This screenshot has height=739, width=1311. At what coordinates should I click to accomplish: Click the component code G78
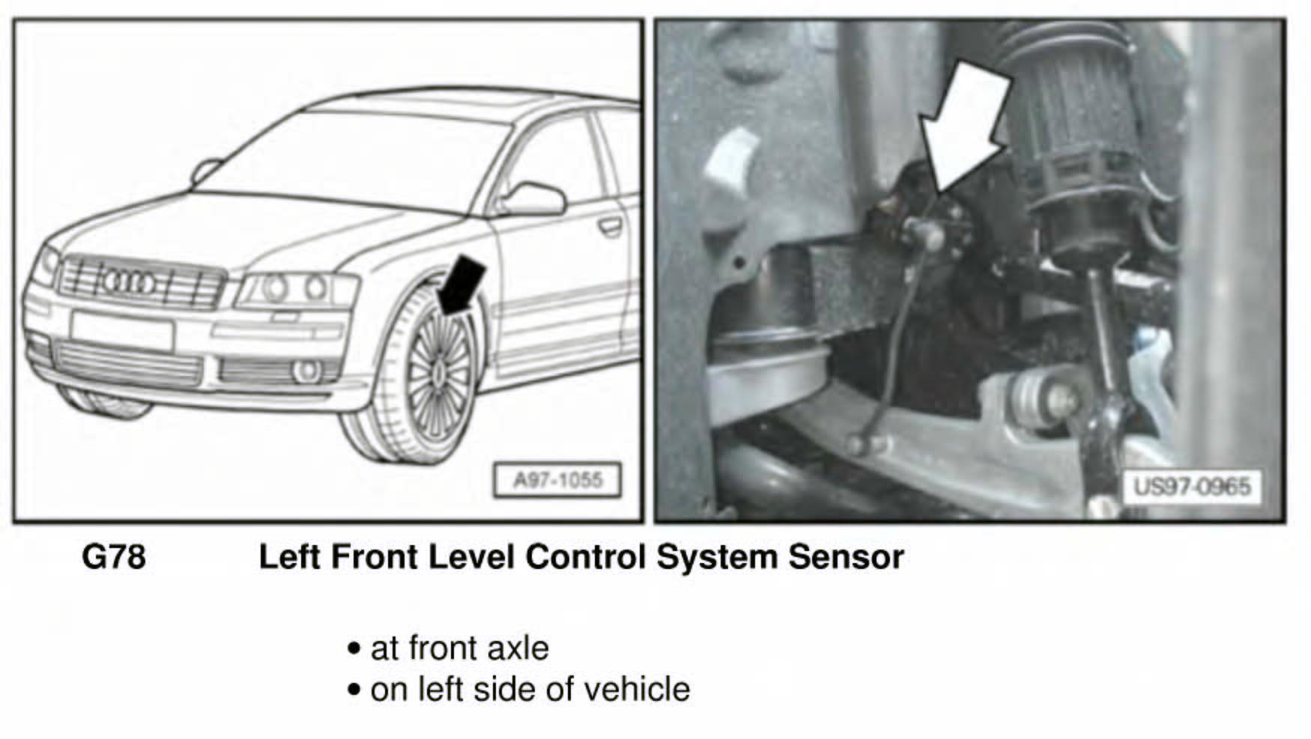[113, 557]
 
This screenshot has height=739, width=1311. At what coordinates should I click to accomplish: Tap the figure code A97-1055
[557, 480]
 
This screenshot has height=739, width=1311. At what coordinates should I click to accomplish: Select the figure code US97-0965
[1192, 487]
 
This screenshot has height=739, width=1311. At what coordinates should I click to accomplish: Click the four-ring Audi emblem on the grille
[128, 282]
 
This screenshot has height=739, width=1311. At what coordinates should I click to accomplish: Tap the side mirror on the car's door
[532, 199]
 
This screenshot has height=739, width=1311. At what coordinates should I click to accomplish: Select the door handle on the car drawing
[611, 225]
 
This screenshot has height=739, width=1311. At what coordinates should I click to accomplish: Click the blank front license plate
[122, 330]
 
